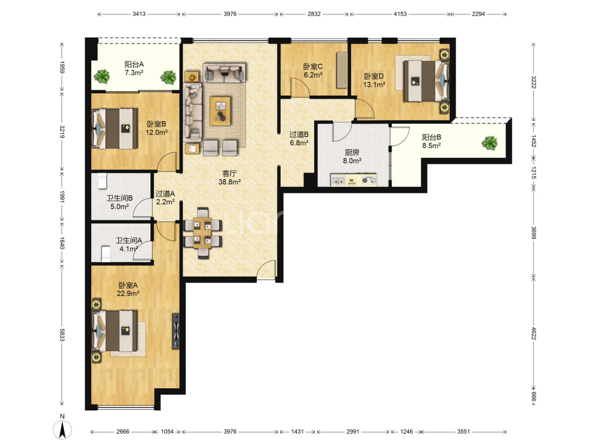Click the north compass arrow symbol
63,430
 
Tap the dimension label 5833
62,335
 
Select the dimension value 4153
400,14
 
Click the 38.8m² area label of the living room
229,182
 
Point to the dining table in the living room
202,233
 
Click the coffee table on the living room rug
220,111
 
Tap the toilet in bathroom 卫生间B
103,181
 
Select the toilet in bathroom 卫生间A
106,254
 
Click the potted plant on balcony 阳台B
490,143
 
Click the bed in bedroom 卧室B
115,129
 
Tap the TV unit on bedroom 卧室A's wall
176,331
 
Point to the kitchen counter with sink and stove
353,180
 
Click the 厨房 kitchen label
352,152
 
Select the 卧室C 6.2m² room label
313,71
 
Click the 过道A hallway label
165,194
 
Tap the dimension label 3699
533,233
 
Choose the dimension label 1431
297,432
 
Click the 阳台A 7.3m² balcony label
134,69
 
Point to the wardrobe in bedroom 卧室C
342,70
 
